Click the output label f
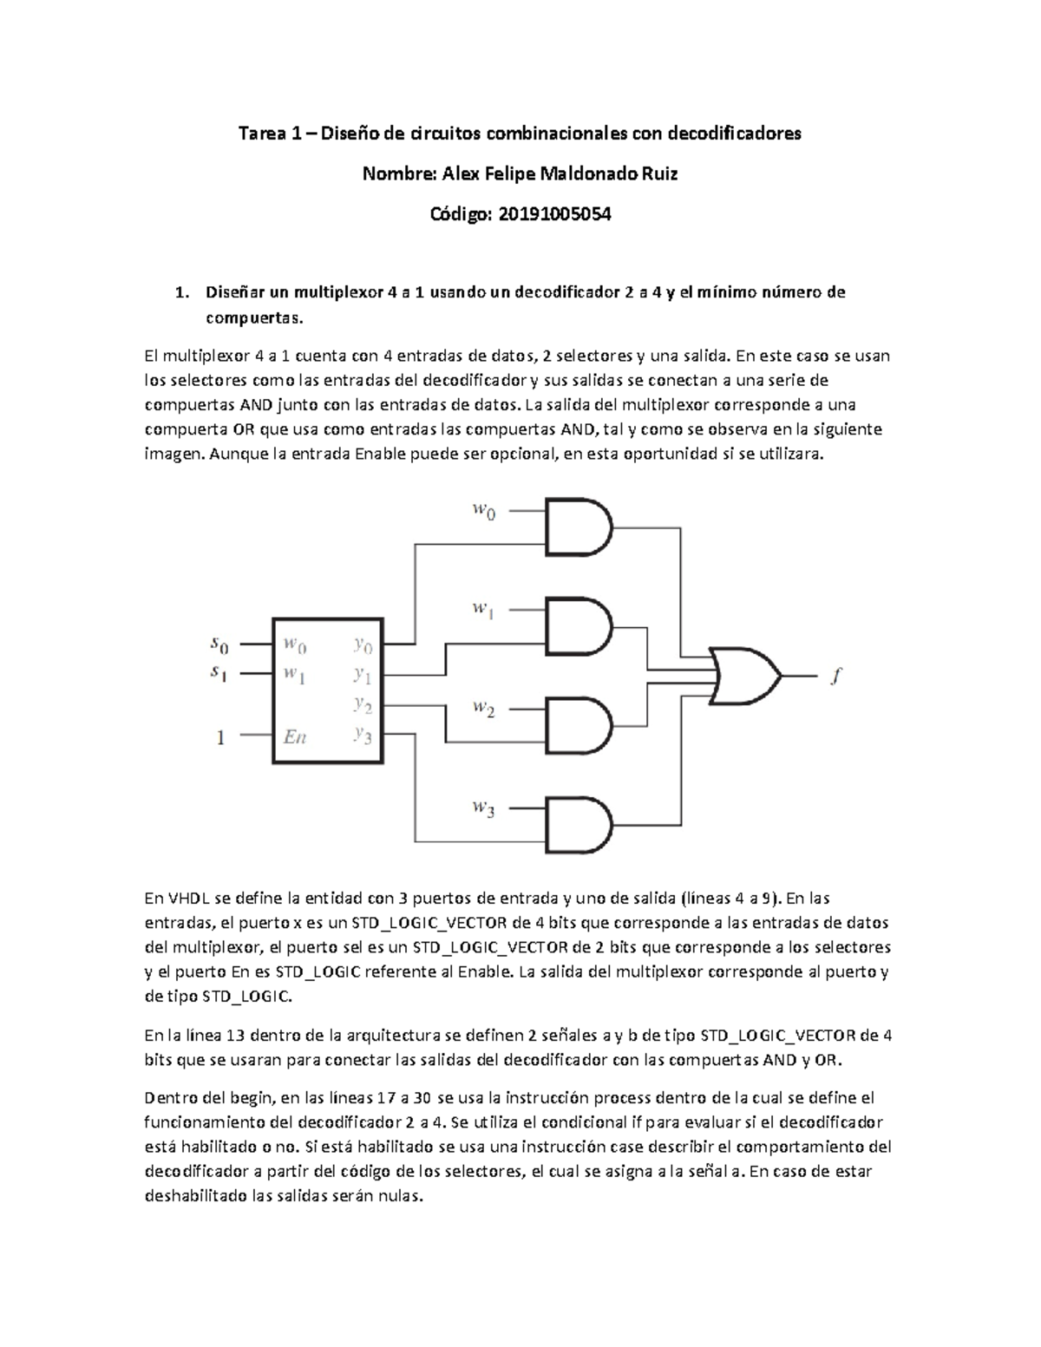tap(835, 677)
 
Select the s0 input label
tap(220, 644)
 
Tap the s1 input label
tap(220, 672)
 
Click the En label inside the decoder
tap(295, 737)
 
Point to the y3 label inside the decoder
tap(363, 736)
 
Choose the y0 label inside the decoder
tap(363, 644)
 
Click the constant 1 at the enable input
tap(220, 738)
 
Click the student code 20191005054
tap(553, 214)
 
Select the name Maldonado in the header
tap(589, 173)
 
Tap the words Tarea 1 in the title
tap(271, 134)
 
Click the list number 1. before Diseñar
tap(180, 292)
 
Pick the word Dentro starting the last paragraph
tap(167, 1097)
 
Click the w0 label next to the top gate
tap(484, 511)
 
